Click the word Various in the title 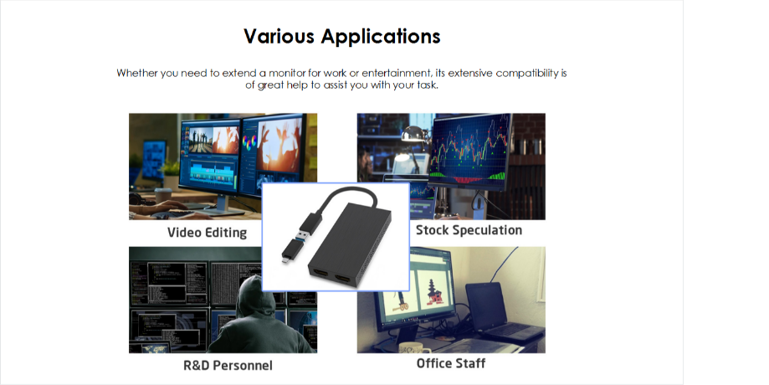pos(279,37)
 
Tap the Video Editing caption pos(207,233)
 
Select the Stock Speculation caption pos(469,230)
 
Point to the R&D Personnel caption pos(228,366)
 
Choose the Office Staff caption pos(451,363)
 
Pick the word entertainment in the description pos(387,73)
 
